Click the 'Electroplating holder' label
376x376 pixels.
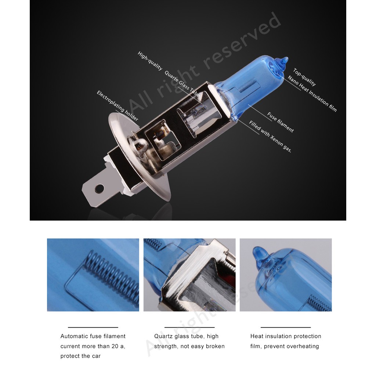pyautogui.click(x=117, y=106)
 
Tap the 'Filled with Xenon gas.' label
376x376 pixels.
pyautogui.click(x=270, y=137)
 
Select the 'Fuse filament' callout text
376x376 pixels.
pyautogui.click(x=280, y=122)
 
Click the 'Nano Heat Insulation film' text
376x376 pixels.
pyautogui.click(x=312, y=94)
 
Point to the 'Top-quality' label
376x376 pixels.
pyautogui.click(x=304, y=77)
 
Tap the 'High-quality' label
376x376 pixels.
pyautogui.click(x=150, y=61)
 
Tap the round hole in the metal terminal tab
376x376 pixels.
pyautogui.click(x=99, y=188)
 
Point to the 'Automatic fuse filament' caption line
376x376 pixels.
pyautogui.click(x=93, y=336)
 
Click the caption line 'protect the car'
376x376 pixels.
pyautogui.click(x=80, y=356)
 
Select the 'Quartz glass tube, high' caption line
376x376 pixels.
pyautogui.click(x=186, y=336)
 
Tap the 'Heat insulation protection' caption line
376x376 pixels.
pyautogui.click(x=286, y=336)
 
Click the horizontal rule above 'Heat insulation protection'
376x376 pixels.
pyautogui.click(x=286, y=327)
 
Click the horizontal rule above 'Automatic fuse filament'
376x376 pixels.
pyautogui.click(x=93, y=327)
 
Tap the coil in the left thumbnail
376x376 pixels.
pyautogui.click(x=112, y=277)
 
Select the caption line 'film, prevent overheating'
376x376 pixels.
pyautogui.click(x=285, y=346)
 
